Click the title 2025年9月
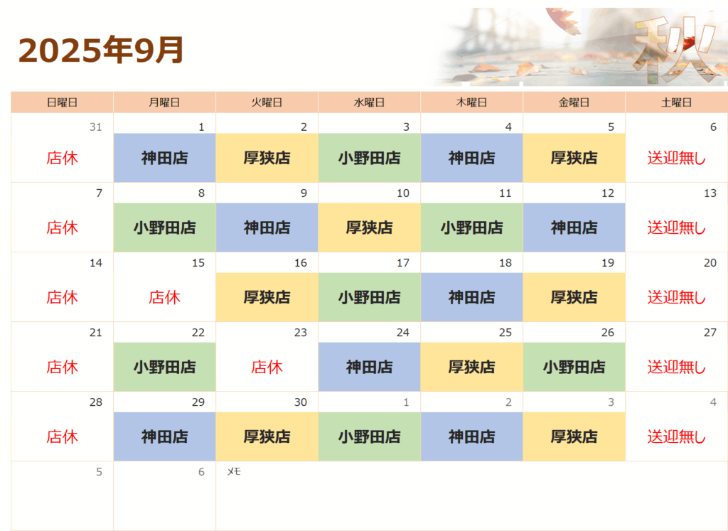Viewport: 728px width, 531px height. point(101,50)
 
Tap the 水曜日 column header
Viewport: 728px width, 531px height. point(369,102)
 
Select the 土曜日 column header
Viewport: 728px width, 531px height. point(677,102)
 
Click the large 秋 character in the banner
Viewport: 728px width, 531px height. point(675,49)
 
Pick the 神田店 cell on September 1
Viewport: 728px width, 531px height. point(164,158)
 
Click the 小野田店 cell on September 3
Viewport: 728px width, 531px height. point(369,158)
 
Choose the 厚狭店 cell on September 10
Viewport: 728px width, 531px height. point(369,227)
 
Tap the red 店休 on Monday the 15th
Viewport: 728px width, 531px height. point(164,298)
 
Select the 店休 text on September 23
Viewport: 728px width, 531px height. point(267,368)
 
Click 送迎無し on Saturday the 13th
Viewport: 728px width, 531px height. point(677,228)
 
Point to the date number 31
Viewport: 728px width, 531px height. point(96,127)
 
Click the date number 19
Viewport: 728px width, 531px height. point(608,263)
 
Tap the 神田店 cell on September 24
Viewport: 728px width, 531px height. point(369,367)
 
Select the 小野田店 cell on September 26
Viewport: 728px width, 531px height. point(574,367)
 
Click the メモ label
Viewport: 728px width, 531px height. point(233,471)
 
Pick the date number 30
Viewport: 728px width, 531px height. point(301,402)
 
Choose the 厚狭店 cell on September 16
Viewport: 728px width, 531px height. point(267,297)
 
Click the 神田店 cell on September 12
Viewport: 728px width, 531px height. point(574,227)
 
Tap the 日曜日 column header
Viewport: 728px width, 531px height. point(62,102)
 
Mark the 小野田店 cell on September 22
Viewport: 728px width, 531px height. point(164,367)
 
